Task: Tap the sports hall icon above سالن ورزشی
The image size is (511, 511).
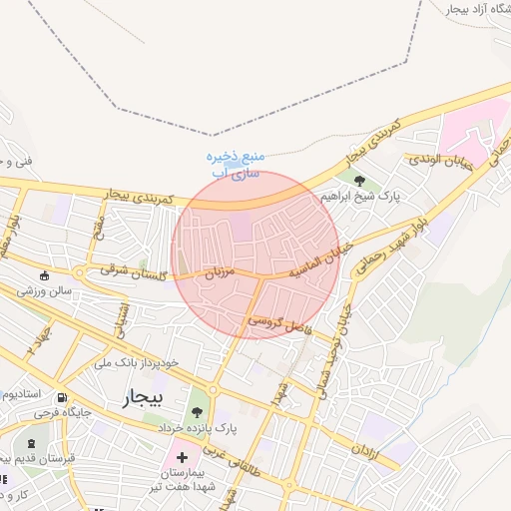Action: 44,275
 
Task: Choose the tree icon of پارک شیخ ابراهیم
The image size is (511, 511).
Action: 359,182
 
